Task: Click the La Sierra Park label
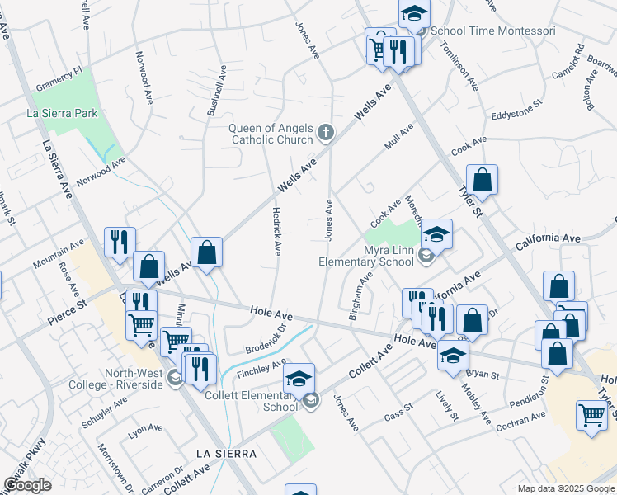point(63,113)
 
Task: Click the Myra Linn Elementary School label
point(366,256)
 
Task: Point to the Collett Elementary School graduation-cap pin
point(299,379)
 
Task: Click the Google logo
point(27,485)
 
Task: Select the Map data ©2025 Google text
point(566,488)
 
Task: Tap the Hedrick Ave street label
point(277,230)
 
